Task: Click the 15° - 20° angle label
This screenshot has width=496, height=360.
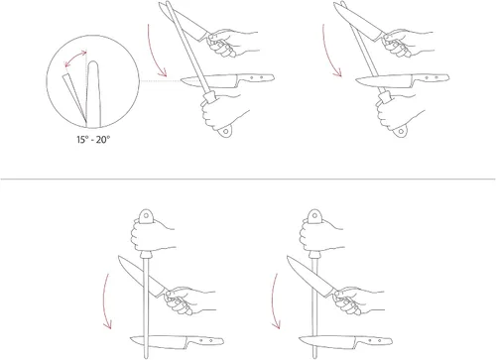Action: click(x=93, y=140)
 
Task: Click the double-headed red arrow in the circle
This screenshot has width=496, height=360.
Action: click(x=74, y=58)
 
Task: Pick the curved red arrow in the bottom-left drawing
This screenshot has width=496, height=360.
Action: click(x=105, y=300)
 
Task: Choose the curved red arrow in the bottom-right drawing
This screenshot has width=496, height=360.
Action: click(x=274, y=300)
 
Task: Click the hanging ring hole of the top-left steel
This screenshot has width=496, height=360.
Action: click(x=226, y=131)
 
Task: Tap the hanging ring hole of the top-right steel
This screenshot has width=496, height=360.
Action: click(x=401, y=131)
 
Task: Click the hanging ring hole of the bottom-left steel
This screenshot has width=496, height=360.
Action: click(x=146, y=215)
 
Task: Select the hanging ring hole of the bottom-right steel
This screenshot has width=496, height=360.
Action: click(x=314, y=215)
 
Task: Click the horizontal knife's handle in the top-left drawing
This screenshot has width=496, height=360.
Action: click(x=256, y=78)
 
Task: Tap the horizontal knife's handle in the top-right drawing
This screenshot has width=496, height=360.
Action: click(x=431, y=78)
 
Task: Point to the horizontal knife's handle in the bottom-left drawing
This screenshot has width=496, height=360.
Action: click(x=205, y=340)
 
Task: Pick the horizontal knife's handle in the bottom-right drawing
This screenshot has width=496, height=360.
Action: click(x=374, y=340)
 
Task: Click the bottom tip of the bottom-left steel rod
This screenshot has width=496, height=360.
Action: click(x=146, y=358)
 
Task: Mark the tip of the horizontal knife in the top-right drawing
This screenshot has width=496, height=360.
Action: click(x=356, y=79)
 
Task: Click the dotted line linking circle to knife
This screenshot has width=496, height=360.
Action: click(x=160, y=80)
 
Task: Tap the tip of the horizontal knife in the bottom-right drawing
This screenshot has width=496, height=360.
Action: click(x=300, y=338)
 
